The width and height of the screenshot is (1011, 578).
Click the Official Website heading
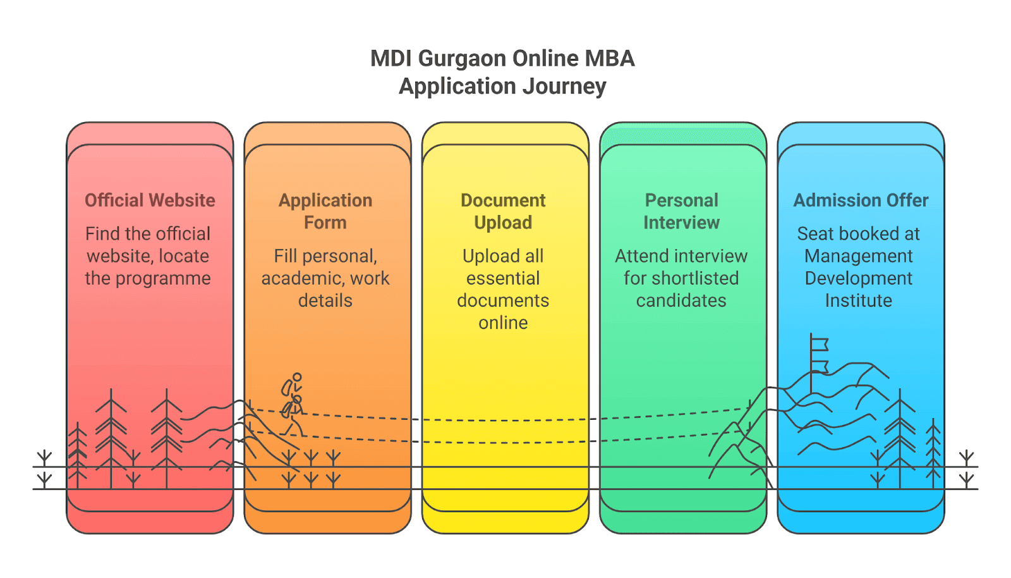[150, 200]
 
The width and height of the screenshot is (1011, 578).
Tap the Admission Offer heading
[861, 200]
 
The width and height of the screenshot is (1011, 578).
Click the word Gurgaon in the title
[463, 59]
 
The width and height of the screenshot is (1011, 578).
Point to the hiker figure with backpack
[293, 403]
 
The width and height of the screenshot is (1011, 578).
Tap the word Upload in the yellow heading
[503, 223]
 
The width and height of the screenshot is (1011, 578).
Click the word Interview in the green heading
[681, 223]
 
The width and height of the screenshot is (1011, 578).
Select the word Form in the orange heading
[325, 223]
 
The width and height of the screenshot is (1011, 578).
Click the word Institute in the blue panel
[858, 300]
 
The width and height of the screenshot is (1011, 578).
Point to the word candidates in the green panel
[681, 300]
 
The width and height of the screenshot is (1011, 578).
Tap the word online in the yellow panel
[503, 323]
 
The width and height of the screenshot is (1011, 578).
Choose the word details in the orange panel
[325, 300]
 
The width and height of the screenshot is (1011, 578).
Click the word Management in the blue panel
[858, 256]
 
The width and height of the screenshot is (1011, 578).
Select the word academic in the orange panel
[301, 278]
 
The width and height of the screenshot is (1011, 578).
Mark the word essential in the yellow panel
[503, 278]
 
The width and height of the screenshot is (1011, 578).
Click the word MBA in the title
[609, 59]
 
